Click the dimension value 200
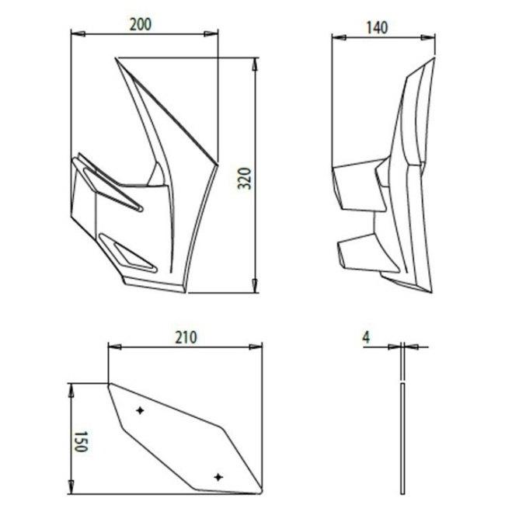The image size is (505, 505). coord(141,25)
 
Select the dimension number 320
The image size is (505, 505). coord(245,178)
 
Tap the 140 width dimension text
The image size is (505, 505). coord(377,28)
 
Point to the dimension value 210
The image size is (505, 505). coord(186,337)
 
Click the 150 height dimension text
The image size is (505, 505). coord(81,441)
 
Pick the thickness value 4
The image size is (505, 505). coord(366,337)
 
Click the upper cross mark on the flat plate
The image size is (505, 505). coord(140,410)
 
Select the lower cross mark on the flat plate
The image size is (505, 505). coord(218,477)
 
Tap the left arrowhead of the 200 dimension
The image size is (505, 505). coord(78,33)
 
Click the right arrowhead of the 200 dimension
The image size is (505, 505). coord(211,33)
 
